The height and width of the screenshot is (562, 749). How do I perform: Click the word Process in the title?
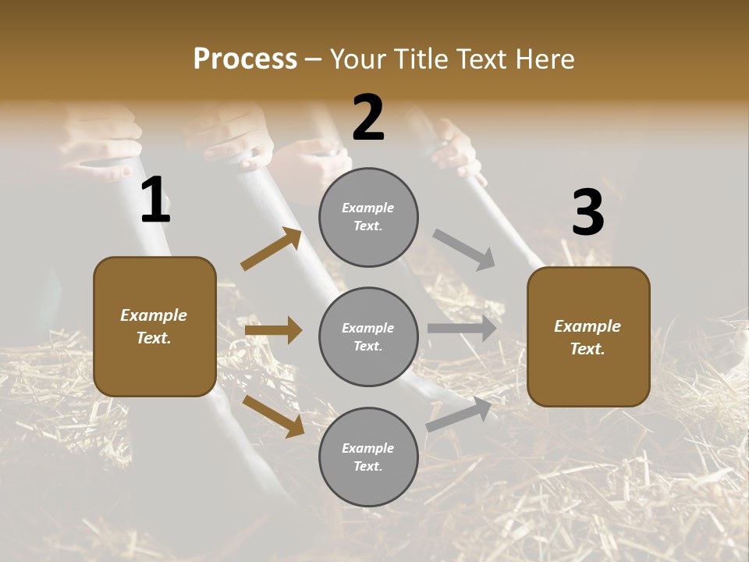click(245, 59)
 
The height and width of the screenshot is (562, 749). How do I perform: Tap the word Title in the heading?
click(421, 59)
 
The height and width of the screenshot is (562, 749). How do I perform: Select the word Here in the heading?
click(543, 59)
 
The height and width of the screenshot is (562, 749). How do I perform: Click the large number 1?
click(155, 201)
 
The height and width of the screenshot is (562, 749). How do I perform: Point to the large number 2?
click(368, 118)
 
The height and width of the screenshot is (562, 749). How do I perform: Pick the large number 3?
click(587, 213)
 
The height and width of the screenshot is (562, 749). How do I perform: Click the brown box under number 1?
click(154, 326)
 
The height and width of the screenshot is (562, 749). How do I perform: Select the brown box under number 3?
click(588, 336)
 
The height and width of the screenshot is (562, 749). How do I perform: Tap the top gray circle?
click(368, 217)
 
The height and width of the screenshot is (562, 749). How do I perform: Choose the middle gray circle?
click(368, 336)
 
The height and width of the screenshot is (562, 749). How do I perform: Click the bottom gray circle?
click(368, 457)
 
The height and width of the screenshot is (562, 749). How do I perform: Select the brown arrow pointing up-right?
click(272, 249)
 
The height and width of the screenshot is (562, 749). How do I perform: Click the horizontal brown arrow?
click(273, 330)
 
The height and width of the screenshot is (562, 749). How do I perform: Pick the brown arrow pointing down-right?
click(273, 415)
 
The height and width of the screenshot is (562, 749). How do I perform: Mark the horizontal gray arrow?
click(462, 329)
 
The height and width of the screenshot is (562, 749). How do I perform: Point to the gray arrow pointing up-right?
click(459, 414)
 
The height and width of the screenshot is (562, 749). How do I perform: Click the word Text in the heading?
click(481, 59)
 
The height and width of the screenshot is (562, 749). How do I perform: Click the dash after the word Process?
click(314, 60)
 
